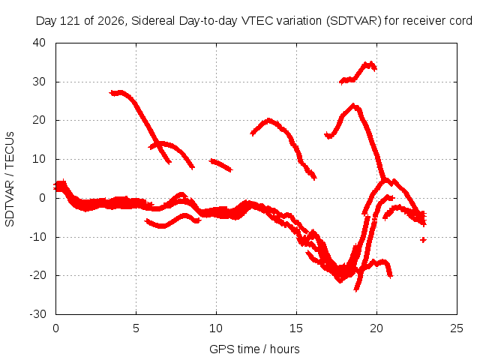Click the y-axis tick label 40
pos(39,43)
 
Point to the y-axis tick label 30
pos(39,82)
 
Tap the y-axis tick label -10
pos(37,237)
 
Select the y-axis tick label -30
pos(37,314)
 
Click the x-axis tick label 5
pos(136,328)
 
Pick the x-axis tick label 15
pos(296,328)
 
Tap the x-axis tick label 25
pos(457,328)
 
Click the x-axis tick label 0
pos(55,328)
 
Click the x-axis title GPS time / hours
pos(254,349)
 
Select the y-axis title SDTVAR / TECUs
pos(10,179)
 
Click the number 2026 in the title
pos(110,21)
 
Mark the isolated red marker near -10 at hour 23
pos(423,240)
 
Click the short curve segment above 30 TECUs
pos(358,73)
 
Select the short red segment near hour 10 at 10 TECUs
pos(221,165)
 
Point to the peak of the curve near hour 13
pos(268,120)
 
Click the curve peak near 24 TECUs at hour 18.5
pos(353,106)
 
